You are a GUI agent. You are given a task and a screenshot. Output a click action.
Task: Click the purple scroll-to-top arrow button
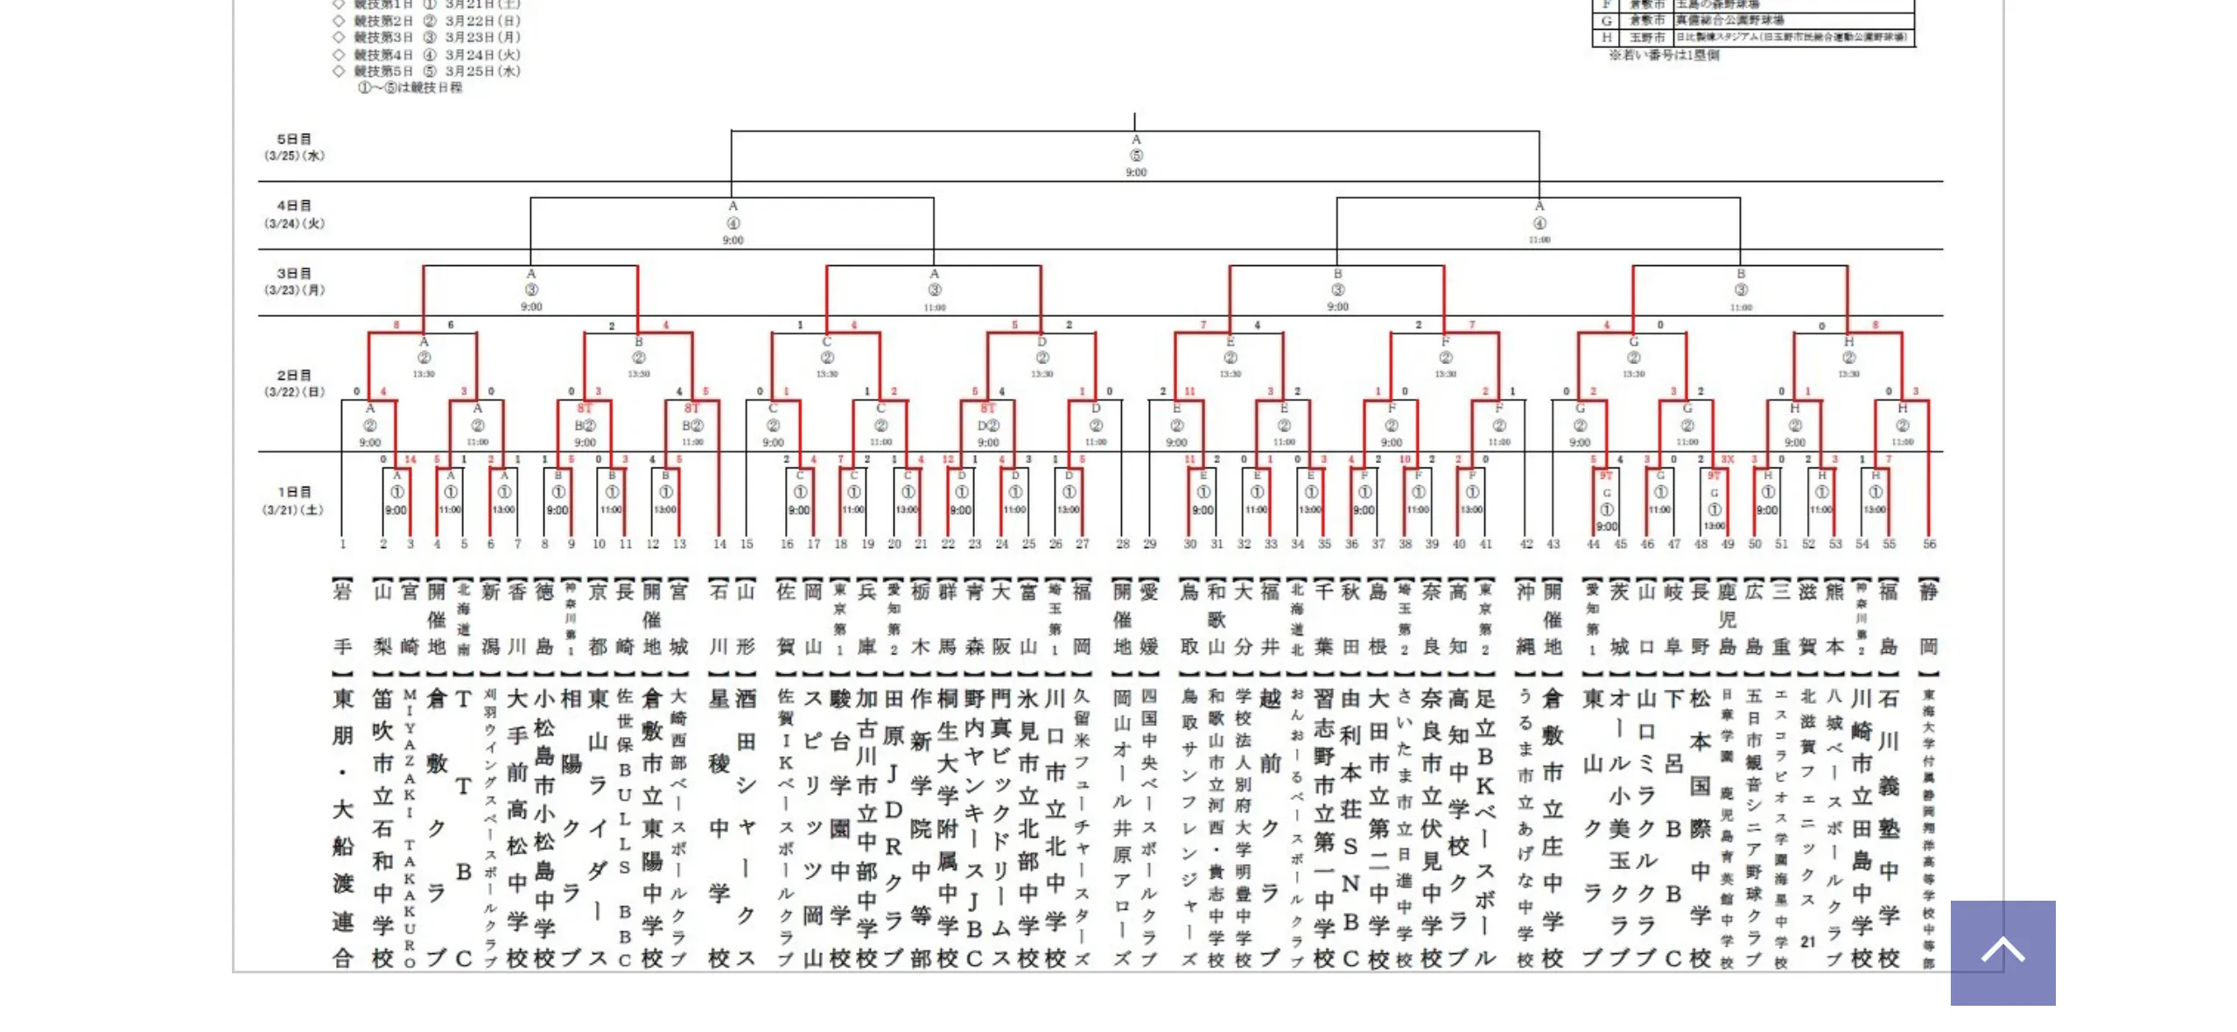[2002, 951]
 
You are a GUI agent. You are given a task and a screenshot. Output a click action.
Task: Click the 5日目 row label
[293, 139]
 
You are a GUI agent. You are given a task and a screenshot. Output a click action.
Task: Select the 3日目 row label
[293, 273]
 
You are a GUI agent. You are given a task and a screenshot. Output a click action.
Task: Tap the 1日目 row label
[293, 492]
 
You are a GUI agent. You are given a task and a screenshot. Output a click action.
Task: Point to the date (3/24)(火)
[294, 223]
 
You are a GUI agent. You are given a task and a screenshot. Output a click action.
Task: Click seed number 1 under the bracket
[343, 544]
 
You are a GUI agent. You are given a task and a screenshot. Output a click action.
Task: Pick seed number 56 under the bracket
[1929, 544]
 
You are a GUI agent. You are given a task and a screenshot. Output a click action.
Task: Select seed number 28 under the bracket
[1122, 544]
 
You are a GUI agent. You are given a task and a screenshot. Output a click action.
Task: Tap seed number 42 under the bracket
[1525, 544]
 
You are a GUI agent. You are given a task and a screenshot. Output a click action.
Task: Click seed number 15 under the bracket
[746, 544]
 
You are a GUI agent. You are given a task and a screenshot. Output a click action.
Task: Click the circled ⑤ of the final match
[1136, 155]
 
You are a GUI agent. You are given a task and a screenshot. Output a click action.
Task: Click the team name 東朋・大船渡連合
[343, 827]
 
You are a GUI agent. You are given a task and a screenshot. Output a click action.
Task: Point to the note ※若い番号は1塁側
[1664, 54]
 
